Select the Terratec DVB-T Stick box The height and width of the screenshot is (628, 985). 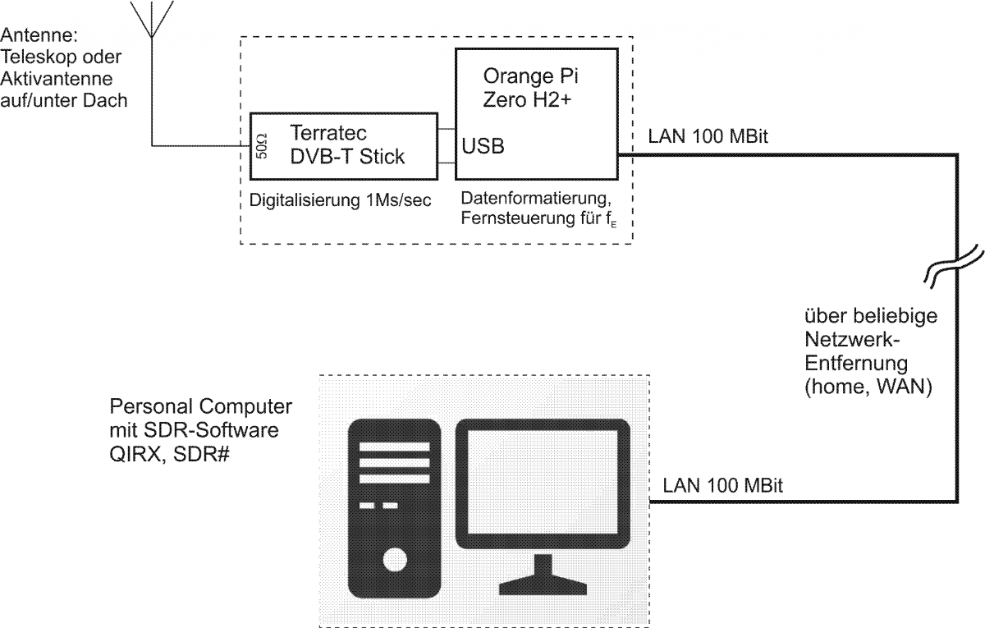pos(343,145)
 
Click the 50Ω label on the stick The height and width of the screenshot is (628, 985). pos(262,146)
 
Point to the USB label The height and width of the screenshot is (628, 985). pos(483,147)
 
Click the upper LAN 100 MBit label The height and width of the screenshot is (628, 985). pos(707,136)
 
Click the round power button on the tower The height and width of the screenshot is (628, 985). pos(394,562)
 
